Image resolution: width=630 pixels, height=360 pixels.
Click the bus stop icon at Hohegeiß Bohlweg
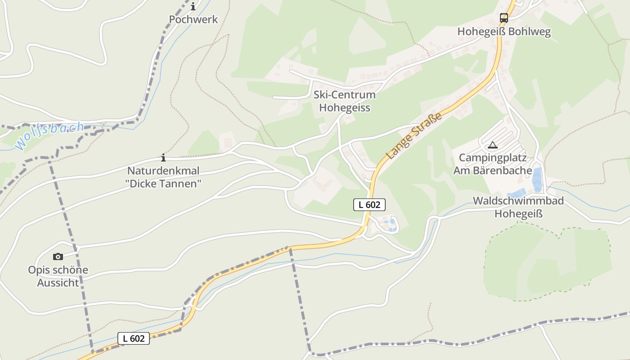504,18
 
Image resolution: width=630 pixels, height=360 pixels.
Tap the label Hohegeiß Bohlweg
504,32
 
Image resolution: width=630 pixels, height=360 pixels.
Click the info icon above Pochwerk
193,6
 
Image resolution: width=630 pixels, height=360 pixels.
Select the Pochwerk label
193,19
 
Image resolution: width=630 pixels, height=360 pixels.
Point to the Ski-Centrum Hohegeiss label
345,101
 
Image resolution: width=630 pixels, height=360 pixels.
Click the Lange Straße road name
414,136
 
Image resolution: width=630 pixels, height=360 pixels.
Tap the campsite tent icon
493,145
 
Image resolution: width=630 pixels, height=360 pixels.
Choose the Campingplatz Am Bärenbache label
492,164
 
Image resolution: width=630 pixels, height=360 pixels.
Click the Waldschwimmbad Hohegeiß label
518,207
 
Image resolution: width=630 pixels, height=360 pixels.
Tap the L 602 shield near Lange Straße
369,205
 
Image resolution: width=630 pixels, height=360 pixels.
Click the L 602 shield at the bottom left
134,338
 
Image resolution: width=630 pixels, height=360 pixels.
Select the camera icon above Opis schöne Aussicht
58,256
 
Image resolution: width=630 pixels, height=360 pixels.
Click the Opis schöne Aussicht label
58,276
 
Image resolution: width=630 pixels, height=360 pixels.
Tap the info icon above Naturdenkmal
163,157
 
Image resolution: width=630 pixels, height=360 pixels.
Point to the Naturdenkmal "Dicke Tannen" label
163,177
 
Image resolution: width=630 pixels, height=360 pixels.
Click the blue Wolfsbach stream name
49,135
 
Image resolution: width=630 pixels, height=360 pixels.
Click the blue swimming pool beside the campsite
537,180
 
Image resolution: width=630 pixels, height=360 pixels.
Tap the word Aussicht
58,283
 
